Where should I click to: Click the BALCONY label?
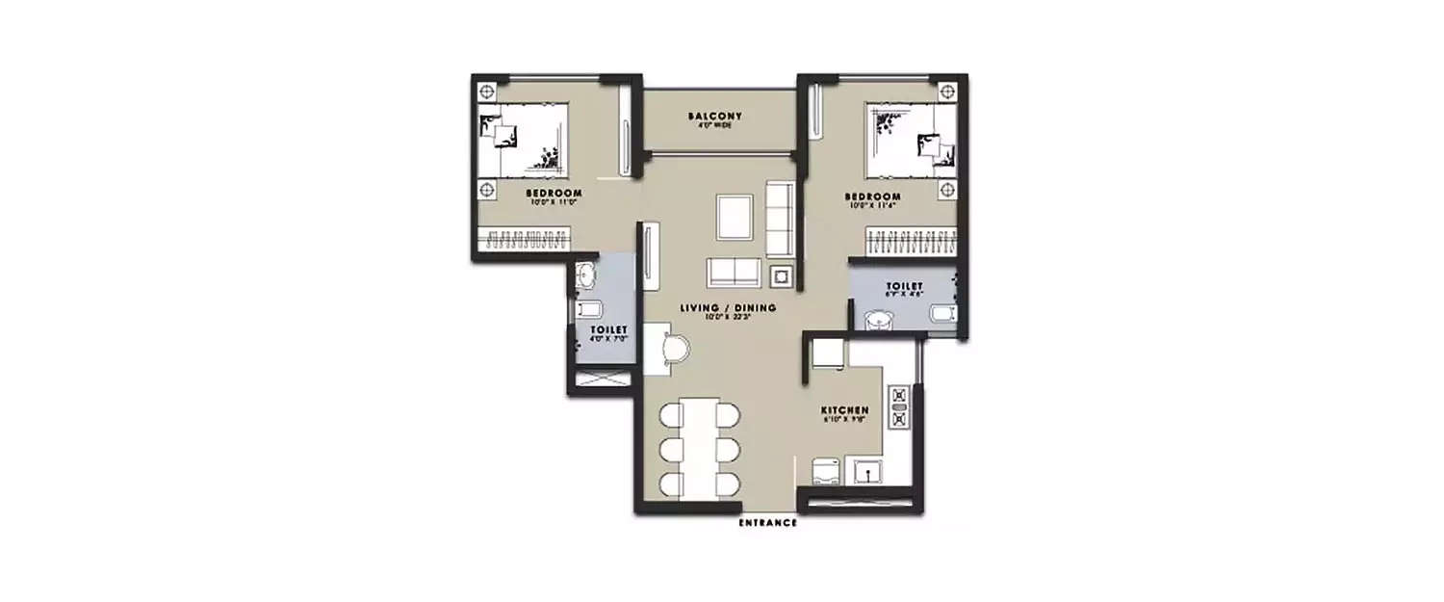click(x=715, y=117)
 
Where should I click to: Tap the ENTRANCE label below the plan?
click(x=767, y=523)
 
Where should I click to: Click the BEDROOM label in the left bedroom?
click(x=554, y=193)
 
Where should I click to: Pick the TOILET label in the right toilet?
click(x=905, y=286)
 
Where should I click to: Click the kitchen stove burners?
click(x=900, y=406)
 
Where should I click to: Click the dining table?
click(x=701, y=445)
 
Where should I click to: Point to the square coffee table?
click(x=735, y=217)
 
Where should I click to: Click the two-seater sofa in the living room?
click(x=734, y=272)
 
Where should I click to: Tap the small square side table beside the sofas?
click(x=781, y=276)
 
